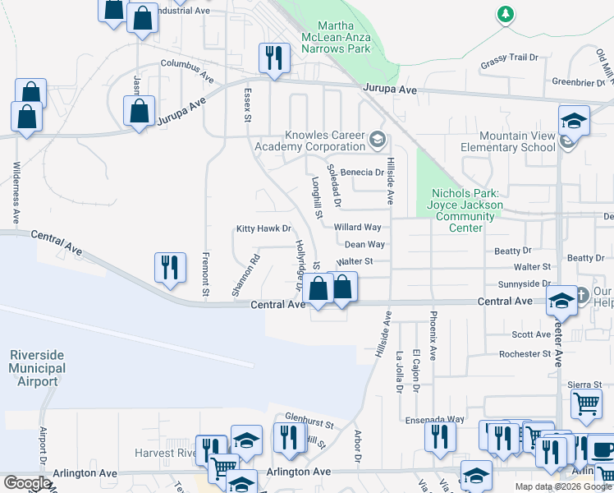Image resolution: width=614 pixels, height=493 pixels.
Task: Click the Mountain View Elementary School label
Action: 517,141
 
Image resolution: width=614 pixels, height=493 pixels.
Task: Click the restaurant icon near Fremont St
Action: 169,268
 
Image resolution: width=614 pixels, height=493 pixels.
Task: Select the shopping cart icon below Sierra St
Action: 586,404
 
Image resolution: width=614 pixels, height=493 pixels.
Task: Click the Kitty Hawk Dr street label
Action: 263,229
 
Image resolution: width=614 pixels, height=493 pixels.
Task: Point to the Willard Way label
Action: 357,227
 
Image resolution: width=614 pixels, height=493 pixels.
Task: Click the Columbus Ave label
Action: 187,63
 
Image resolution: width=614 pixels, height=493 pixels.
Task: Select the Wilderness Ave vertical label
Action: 16,193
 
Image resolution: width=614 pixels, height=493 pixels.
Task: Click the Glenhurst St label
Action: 309,424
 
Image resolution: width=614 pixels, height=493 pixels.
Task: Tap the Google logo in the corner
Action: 27,484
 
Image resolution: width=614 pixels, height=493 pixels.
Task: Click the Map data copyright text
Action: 562,486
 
